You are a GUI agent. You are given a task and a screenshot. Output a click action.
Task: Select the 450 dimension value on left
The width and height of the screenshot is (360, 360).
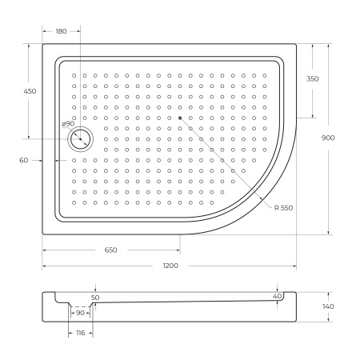pyautogui.click(x=30, y=92)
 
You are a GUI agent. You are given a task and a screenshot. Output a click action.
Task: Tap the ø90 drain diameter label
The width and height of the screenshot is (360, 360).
pyautogui.click(x=68, y=124)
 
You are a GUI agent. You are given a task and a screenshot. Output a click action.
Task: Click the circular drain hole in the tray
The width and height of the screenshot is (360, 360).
pyautogui.click(x=81, y=139)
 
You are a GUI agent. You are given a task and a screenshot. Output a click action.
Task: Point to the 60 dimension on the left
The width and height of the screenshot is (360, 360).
pyautogui.click(x=23, y=160)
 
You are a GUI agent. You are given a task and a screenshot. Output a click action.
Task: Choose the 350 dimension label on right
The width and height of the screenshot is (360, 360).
pyautogui.click(x=312, y=79)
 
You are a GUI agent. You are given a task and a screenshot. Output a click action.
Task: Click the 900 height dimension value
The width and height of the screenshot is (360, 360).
pyautogui.click(x=327, y=138)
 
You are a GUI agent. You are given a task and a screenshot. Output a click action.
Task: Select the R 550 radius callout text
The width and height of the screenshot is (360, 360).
pyautogui.click(x=282, y=207)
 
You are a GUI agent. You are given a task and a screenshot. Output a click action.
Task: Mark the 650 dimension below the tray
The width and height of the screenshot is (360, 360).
pyautogui.click(x=110, y=250)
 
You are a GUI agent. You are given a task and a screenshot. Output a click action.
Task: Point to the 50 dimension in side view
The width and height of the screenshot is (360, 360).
pyautogui.click(x=96, y=297)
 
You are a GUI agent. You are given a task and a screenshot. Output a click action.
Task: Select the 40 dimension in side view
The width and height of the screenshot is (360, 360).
pyautogui.click(x=277, y=297)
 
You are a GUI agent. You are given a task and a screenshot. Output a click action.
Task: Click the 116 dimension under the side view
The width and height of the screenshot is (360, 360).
pyautogui.click(x=80, y=333)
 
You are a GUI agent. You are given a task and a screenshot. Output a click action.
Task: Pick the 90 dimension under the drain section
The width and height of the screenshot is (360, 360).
pyautogui.click(x=80, y=313)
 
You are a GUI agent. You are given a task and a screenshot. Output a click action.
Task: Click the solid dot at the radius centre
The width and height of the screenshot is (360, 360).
pyautogui.click(x=181, y=118)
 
